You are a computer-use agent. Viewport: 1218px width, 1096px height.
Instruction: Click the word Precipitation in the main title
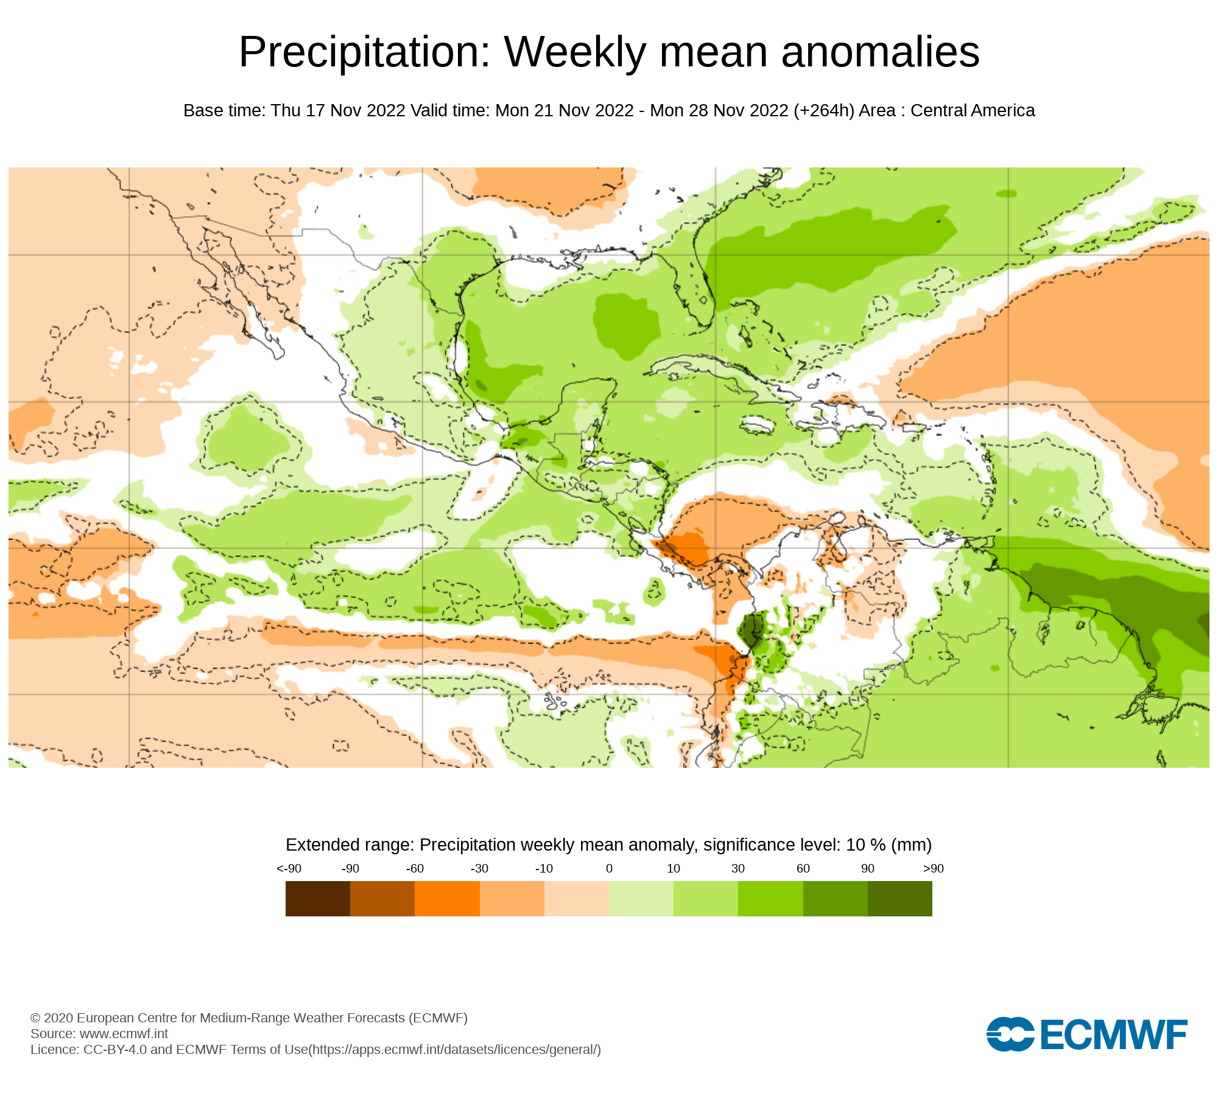(364, 52)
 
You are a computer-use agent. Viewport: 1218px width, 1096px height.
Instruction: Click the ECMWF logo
(1086, 1034)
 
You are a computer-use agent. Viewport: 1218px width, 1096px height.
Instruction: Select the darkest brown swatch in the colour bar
(318, 899)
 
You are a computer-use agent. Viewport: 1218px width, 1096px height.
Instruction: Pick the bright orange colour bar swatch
(447, 899)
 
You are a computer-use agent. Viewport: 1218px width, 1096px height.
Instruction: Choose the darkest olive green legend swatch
(899, 899)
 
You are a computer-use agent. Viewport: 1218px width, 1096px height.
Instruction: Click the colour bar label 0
(609, 869)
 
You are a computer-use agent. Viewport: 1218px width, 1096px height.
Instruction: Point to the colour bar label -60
(415, 869)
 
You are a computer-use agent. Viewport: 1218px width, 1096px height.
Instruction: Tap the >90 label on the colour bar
(933, 869)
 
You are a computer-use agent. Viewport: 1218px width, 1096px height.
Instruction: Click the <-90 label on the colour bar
(289, 869)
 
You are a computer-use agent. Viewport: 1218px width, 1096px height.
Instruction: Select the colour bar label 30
(738, 869)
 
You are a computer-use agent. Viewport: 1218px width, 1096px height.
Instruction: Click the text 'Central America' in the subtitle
(973, 111)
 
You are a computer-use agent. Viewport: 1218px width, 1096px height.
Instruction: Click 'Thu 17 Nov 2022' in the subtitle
(338, 111)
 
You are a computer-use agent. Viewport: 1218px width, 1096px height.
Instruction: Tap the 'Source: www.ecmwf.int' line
(99, 1034)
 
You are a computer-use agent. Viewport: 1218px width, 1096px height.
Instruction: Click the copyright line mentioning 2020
(248, 1018)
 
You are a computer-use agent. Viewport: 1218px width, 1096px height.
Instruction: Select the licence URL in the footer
(455, 1050)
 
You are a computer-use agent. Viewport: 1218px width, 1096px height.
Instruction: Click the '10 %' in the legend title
(865, 845)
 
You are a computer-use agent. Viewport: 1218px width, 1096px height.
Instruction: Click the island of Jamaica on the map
(757, 424)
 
